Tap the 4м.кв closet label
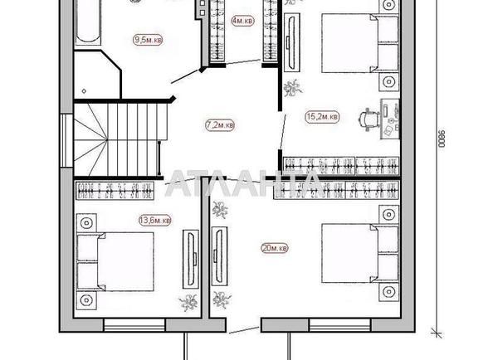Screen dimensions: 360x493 pyautogui.click(x=242, y=20)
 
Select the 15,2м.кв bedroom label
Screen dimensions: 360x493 pyautogui.click(x=322, y=118)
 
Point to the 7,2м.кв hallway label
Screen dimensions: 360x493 pyautogui.click(x=219, y=125)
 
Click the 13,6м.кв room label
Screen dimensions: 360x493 pyautogui.click(x=154, y=220)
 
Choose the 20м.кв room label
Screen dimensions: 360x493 pyautogui.click(x=273, y=248)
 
